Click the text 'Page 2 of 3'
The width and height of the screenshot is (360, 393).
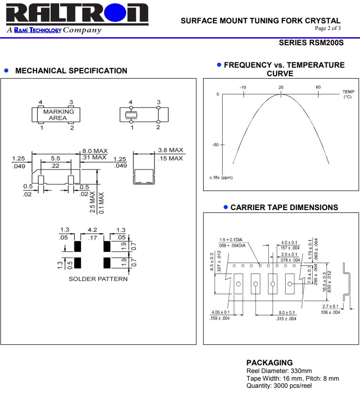click(x=328, y=28)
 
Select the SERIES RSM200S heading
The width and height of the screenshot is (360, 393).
click(x=311, y=43)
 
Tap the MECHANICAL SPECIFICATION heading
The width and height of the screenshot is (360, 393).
click(x=71, y=71)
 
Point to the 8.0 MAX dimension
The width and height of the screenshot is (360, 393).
click(x=94, y=151)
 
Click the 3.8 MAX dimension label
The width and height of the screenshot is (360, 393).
click(x=170, y=150)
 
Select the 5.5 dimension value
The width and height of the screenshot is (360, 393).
click(x=55, y=158)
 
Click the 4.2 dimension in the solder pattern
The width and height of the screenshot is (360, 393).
click(x=93, y=230)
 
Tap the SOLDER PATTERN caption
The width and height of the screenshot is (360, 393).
click(x=98, y=279)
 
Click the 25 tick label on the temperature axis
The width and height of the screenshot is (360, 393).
click(x=281, y=87)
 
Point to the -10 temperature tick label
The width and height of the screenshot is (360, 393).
click(x=243, y=87)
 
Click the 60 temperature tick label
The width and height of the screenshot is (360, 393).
click(x=318, y=87)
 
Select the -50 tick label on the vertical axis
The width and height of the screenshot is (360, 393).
click(x=215, y=145)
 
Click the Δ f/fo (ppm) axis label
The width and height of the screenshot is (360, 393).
click(x=220, y=178)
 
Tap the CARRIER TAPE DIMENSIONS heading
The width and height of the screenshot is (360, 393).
click(x=284, y=208)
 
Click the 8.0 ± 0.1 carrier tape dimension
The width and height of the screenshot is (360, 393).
click(x=286, y=313)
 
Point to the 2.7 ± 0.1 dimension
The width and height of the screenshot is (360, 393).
click(x=330, y=306)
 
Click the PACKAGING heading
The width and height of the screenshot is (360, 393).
click(x=269, y=363)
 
